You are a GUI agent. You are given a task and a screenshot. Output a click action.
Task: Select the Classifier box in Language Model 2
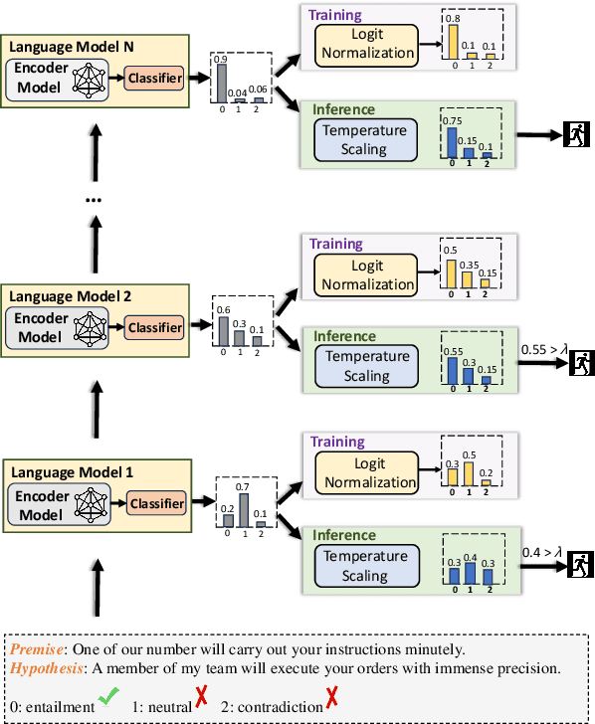[154, 327]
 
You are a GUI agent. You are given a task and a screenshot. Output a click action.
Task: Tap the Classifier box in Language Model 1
[157, 504]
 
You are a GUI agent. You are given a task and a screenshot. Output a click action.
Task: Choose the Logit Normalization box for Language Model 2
[366, 275]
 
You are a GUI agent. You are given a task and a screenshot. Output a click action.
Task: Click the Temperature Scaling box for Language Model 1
[366, 566]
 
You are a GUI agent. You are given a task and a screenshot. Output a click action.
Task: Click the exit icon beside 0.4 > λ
[578, 566]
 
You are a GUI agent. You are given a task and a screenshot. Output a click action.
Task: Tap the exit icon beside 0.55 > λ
[578, 364]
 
